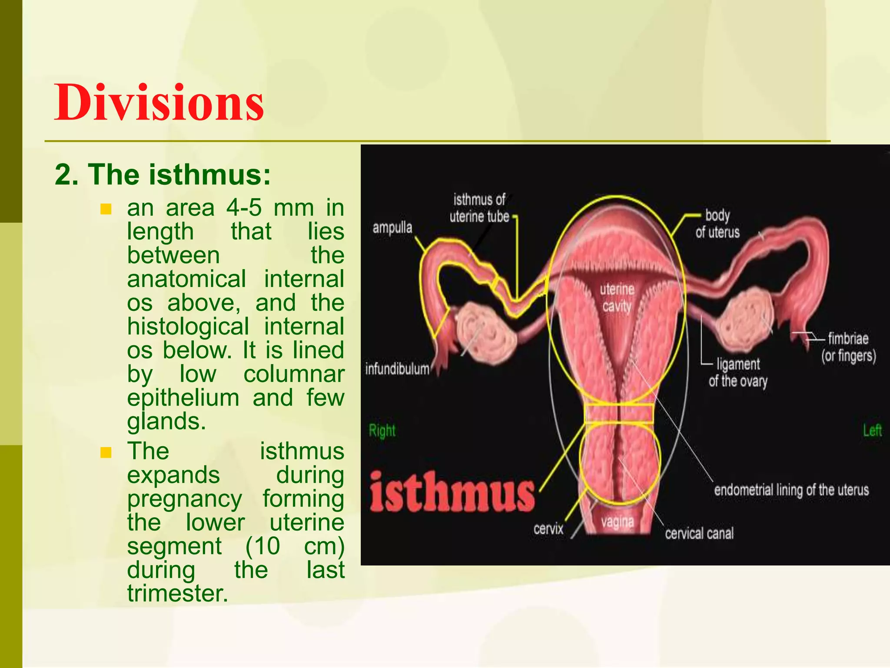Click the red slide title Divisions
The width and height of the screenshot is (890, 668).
pyautogui.click(x=159, y=103)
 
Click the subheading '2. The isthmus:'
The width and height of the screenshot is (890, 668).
pyautogui.click(x=163, y=175)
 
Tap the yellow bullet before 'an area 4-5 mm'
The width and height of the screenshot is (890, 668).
pyautogui.click(x=106, y=209)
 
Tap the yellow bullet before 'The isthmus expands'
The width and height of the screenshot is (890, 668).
pyautogui.click(x=106, y=453)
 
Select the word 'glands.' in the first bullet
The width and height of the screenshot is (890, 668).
pyautogui.click(x=166, y=421)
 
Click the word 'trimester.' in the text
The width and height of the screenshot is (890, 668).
pyautogui.click(x=177, y=593)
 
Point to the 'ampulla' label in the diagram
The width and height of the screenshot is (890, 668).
pyautogui.click(x=392, y=227)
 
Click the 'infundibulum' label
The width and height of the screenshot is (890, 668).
pyautogui.click(x=397, y=369)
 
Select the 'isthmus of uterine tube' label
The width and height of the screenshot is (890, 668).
pyautogui.click(x=479, y=208)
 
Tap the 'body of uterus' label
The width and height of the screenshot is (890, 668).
pyautogui.click(x=717, y=224)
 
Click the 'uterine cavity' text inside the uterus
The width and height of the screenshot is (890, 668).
pyautogui.click(x=617, y=298)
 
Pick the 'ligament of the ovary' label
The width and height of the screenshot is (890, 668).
pyautogui.click(x=738, y=372)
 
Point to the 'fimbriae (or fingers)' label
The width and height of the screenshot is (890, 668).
pyautogui.click(x=848, y=347)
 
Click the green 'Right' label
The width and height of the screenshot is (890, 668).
pyautogui.click(x=382, y=431)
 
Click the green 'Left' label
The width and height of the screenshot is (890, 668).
pyautogui.click(x=872, y=431)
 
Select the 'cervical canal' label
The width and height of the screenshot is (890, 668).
pyautogui.click(x=699, y=533)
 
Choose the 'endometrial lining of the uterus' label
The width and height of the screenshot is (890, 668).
pyautogui.click(x=791, y=490)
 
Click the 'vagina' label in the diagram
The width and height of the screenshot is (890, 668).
pyautogui.click(x=618, y=521)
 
